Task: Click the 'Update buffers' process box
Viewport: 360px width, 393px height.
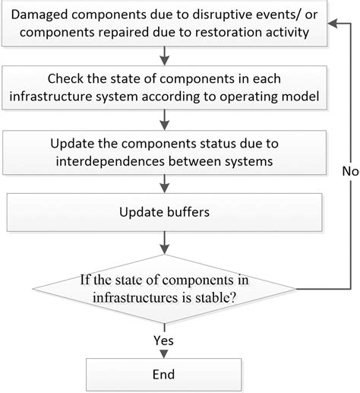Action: tap(163, 211)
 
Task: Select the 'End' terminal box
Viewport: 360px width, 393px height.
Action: tap(163, 375)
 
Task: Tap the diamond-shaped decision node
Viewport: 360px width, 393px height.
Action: tap(163, 290)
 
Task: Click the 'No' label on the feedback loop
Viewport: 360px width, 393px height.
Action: tap(349, 172)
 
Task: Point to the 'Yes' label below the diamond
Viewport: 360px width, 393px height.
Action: tap(163, 340)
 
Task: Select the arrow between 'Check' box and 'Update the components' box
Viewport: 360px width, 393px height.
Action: tap(164, 120)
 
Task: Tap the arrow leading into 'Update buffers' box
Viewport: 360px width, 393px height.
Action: tap(164, 183)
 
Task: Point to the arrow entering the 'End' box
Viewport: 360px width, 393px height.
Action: tap(164, 347)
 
